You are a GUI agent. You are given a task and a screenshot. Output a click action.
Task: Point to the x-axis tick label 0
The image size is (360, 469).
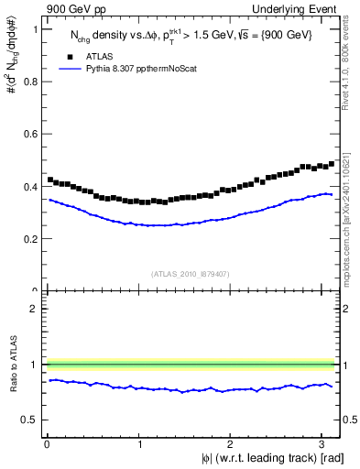click(48, 442)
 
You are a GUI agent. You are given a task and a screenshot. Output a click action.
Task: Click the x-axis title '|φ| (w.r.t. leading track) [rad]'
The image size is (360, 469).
click(261, 457)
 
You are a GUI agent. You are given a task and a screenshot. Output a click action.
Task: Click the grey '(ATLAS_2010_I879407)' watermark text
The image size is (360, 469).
click(191, 272)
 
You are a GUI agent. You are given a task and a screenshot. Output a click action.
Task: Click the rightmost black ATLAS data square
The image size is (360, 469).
click(332, 164)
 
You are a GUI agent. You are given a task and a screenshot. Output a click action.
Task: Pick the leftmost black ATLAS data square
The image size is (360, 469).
click(50, 180)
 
